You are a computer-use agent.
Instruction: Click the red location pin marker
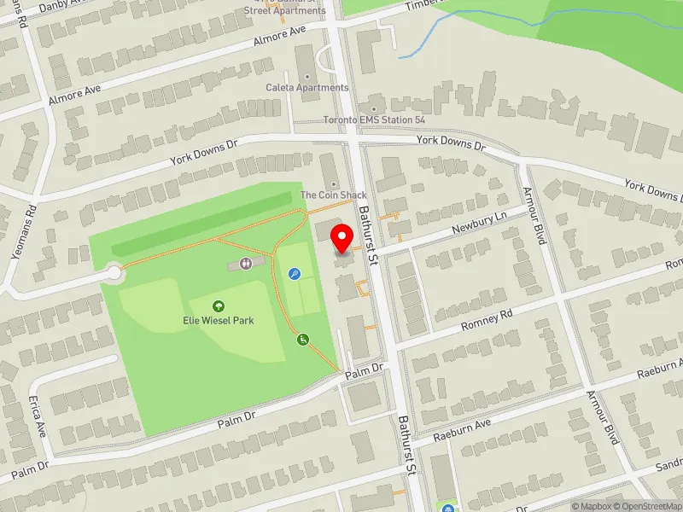[342, 238]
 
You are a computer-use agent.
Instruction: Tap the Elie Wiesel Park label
[219, 321]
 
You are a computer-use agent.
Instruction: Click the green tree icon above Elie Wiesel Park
[219, 305]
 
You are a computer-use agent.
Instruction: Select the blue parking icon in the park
[295, 274]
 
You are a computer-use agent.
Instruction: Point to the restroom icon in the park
[247, 264]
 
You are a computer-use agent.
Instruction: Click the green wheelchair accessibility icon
[302, 340]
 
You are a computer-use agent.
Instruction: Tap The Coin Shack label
[333, 195]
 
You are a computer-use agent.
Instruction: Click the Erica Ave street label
[37, 416]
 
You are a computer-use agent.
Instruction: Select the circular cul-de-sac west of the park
[114, 273]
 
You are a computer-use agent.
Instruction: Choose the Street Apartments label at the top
[284, 10]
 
